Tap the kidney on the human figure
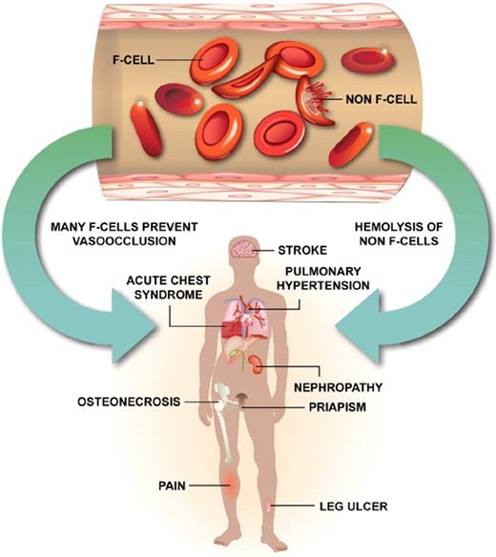[x=258, y=363]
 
